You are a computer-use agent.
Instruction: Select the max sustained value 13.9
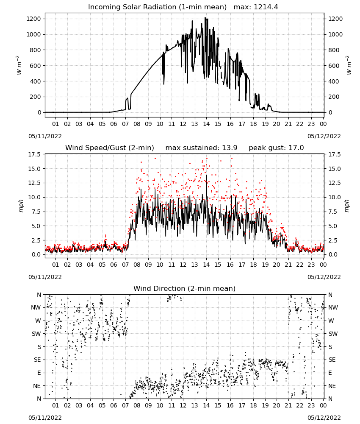pyautogui.click(x=230, y=148)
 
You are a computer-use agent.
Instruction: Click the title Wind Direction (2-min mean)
pyautogui.click(x=185, y=288)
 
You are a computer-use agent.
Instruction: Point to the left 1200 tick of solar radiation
pyautogui.click(x=33, y=19)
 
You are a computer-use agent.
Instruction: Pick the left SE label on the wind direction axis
pyautogui.click(x=37, y=360)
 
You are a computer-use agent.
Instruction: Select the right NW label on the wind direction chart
pyautogui.click(x=333, y=307)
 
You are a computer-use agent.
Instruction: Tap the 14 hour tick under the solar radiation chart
pyautogui.click(x=206, y=124)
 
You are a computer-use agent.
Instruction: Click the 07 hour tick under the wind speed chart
pyautogui.click(x=125, y=265)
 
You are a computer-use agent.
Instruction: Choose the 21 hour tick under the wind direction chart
pyautogui.click(x=288, y=405)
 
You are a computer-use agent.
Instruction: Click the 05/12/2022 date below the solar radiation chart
pyautogui.click(x=324, y=136)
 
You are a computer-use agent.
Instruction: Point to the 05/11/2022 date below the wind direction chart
pyautogui.click(x=45, y=418)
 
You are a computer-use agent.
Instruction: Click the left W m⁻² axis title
pyautogui.click(x=19, y=65)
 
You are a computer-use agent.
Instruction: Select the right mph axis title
pyautogui.click(x=347, y=206)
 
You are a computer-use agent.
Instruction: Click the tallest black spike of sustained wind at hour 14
pyautogui.click(x=207, y=175)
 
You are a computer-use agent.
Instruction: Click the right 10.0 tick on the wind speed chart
pyautogui.click(x=334, y=197)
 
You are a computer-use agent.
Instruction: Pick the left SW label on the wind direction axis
pyautogui.click(x=36, y=334)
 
